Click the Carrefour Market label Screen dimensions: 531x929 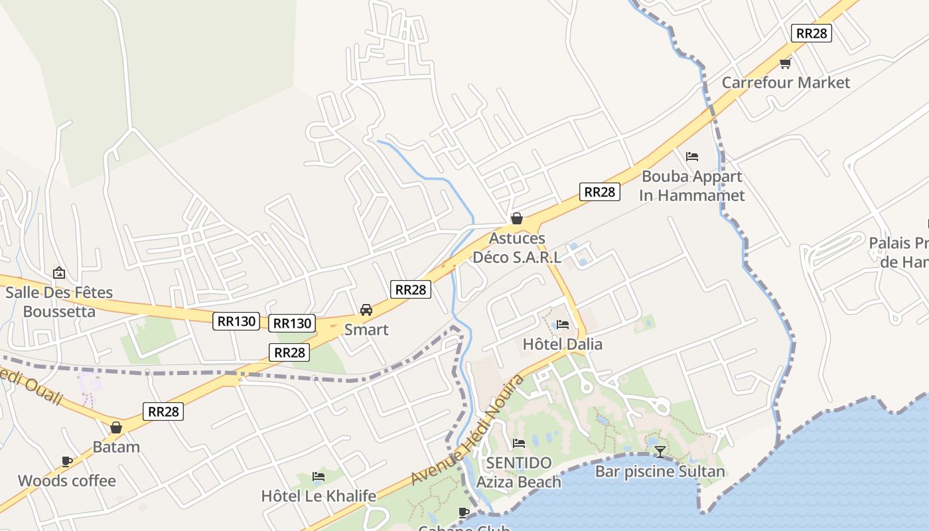tap(786, 82)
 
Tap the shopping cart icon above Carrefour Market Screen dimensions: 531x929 tap(786, 63)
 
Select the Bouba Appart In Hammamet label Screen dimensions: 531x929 tap(691, 186)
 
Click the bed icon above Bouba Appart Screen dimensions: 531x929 tap(692, 157)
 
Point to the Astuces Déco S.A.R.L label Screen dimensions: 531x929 tap(517, 248)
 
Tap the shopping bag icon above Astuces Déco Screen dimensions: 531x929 tap(517, 218)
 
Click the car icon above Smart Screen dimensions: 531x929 tap(366, 310)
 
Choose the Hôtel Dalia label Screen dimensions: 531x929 tap(563, 344)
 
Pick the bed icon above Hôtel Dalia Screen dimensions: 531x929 tap(563, 325)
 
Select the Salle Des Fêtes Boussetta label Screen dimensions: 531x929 tap(59, 302)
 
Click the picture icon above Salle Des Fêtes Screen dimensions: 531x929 tap(59, 273)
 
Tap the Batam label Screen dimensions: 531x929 tap(116, 447)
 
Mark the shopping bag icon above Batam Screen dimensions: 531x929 tap(116, 427)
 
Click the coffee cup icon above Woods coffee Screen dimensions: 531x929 tap(67, 461)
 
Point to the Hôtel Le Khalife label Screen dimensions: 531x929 tap(319, 496)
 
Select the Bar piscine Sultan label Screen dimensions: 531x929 tap(660, 472)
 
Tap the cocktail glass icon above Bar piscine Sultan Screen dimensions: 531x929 tap(660, 453)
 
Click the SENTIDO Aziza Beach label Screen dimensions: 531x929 tap(519, 473)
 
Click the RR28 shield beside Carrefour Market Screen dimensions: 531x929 tap(812, 33)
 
